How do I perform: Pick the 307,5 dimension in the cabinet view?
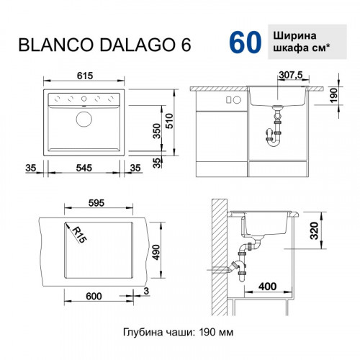tap(291, 74)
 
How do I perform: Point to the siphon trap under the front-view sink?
tap(275, 135)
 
